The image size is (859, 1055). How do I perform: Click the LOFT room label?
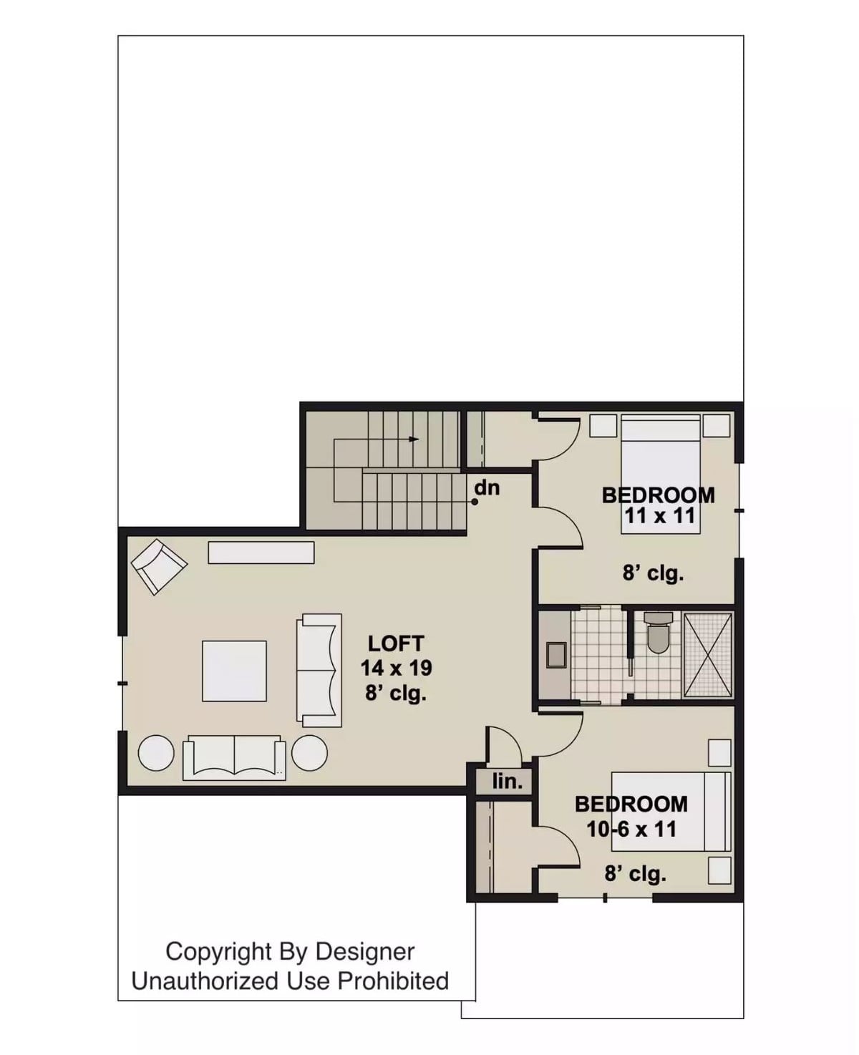tap(396, 643)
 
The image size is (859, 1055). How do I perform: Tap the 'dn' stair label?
tap(487, 488)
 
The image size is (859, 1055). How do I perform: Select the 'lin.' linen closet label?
tap(507, 782)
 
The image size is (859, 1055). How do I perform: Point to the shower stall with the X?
tap(708, 654)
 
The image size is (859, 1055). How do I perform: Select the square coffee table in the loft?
tap(234, 671)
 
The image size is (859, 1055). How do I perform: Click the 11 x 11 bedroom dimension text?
tap(659, 516)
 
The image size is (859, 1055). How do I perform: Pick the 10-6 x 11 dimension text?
tap(631, 829)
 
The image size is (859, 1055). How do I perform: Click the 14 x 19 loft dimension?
tap(396, 668)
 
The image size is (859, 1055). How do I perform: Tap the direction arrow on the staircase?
tap(413, 439)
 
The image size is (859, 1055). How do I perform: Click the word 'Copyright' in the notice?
tap(219, 951)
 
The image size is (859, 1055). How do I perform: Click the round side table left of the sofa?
tap(155, 753)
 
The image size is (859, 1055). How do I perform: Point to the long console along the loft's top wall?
tap(261, 552)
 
